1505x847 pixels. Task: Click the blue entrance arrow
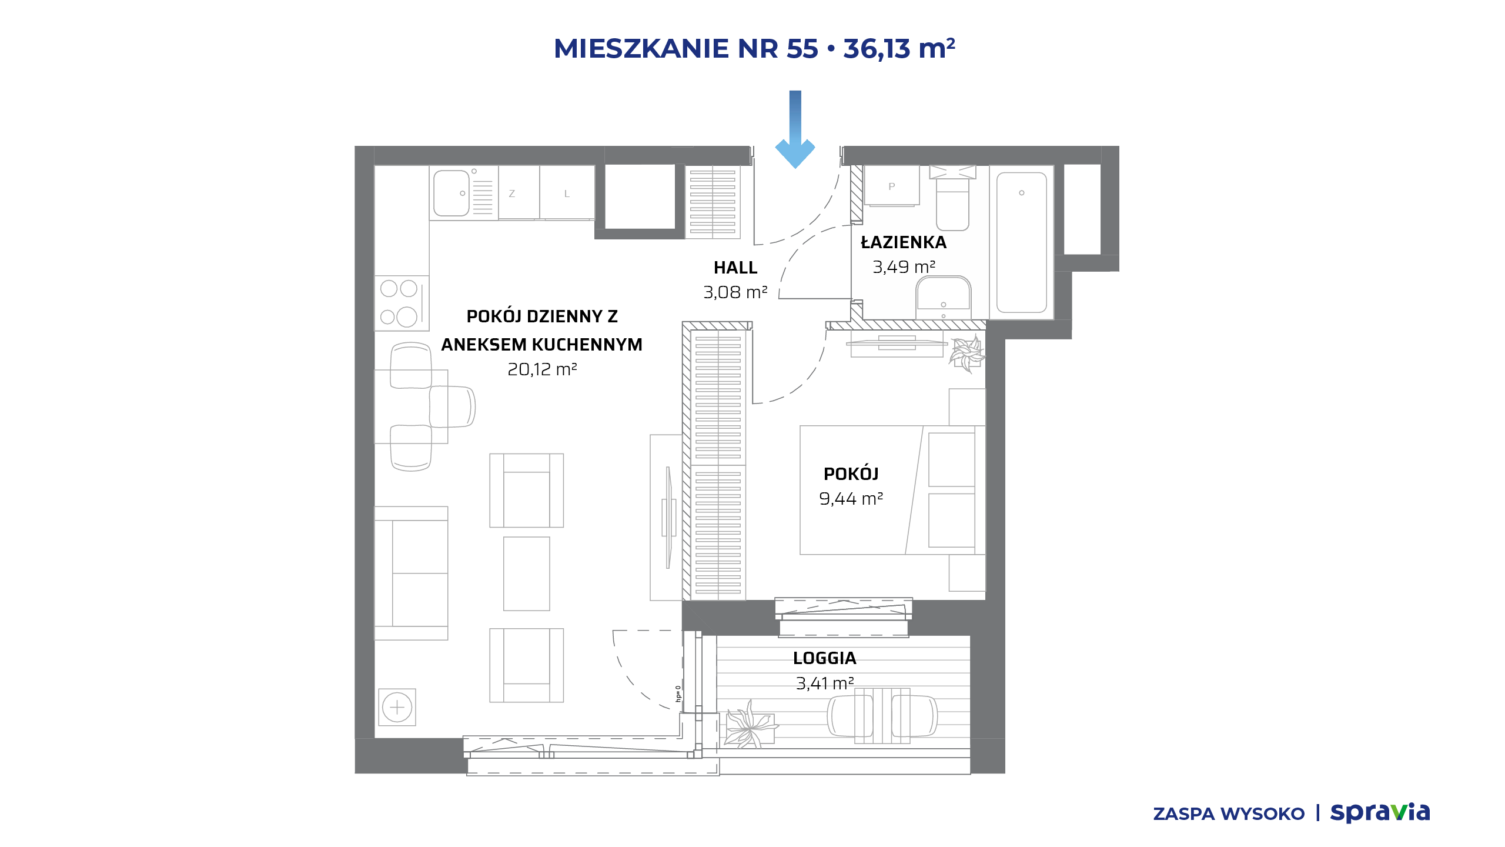click(x=795, y=129)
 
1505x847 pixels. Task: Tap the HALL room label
click(x=735, y=268)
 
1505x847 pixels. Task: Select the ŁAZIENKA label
click(x=904, y=242)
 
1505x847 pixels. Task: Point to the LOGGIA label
click(x=824, y=658)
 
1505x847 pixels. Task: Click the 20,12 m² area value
click(x=542, y=369)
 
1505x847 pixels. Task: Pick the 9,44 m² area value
click(x=851, y=499)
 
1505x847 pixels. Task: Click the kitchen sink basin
click(x=451, y=194)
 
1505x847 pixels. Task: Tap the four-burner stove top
click(x=402, y=303)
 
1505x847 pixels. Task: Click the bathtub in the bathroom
click(x=1022, y=242)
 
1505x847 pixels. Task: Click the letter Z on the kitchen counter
click(x=511, y=194)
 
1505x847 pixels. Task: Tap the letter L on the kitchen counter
click(x=567, y=194)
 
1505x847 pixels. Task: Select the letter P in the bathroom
click(x=892, y=186)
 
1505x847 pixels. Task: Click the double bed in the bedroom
click(x=892, y=490)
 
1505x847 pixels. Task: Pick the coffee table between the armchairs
click(x=526, y=573)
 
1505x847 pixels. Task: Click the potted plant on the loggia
click(x=749, y=725)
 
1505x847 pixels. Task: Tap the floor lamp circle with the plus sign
click(x=397, y=707)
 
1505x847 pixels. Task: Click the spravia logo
click(x=1380, y=813)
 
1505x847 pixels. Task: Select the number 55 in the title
click(x=802, y=49)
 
